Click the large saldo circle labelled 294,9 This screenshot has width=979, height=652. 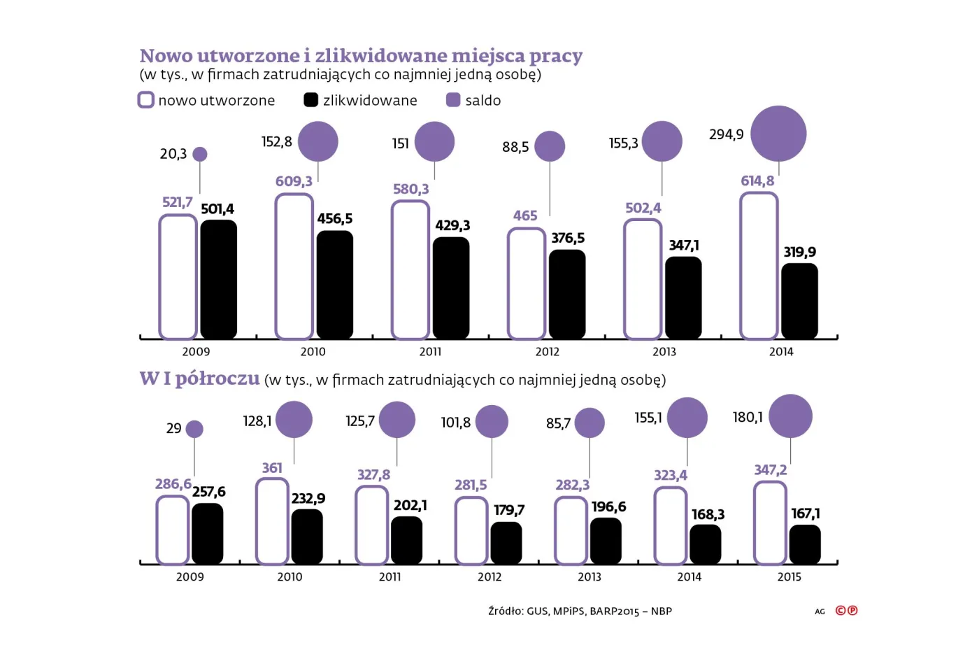[x=778, y=134]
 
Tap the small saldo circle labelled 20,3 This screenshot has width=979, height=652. [x=200, y=154]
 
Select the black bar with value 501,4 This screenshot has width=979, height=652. [x=219, y=280]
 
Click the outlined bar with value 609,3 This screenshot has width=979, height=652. [x=294, y=267]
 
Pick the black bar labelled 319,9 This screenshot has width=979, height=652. [x=799, y=301]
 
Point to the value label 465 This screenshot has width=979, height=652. [x=525, y=216]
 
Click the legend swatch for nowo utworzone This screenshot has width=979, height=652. [x=145, y=100]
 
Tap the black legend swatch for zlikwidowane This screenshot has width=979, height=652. [x=310, y=100]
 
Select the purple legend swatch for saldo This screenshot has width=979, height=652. [x=453, y=100]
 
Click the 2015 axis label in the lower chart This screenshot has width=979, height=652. [x=789, y=577]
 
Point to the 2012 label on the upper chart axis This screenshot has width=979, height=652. [x=548, y=352]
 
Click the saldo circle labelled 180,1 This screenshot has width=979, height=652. [x=790, y=416]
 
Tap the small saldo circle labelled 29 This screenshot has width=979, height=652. [x=194, y=429]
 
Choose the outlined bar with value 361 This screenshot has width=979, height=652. [x=272, y=522]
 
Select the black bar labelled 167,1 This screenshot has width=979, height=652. [x=805, y=544]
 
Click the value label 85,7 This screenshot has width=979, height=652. [x=558, y=424]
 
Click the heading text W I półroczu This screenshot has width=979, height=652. [x=199, y=378]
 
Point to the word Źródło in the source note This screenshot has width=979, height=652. [x=505, y=611]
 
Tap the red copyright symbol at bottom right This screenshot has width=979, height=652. [x=841, y=611]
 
